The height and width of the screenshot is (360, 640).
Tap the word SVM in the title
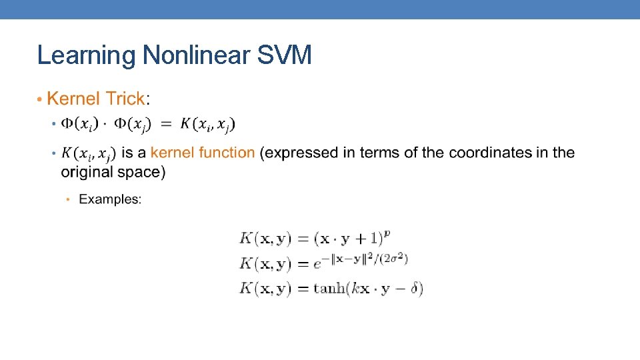[283, 55]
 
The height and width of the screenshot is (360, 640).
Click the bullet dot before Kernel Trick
[40, 100]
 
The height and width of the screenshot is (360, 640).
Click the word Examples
[110, 199]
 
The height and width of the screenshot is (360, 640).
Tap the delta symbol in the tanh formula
[414, 289]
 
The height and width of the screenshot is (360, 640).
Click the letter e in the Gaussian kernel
[317, 265]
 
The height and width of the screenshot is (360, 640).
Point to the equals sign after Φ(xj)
[166, 124]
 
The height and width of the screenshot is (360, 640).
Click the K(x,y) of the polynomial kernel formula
[265, 238]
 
